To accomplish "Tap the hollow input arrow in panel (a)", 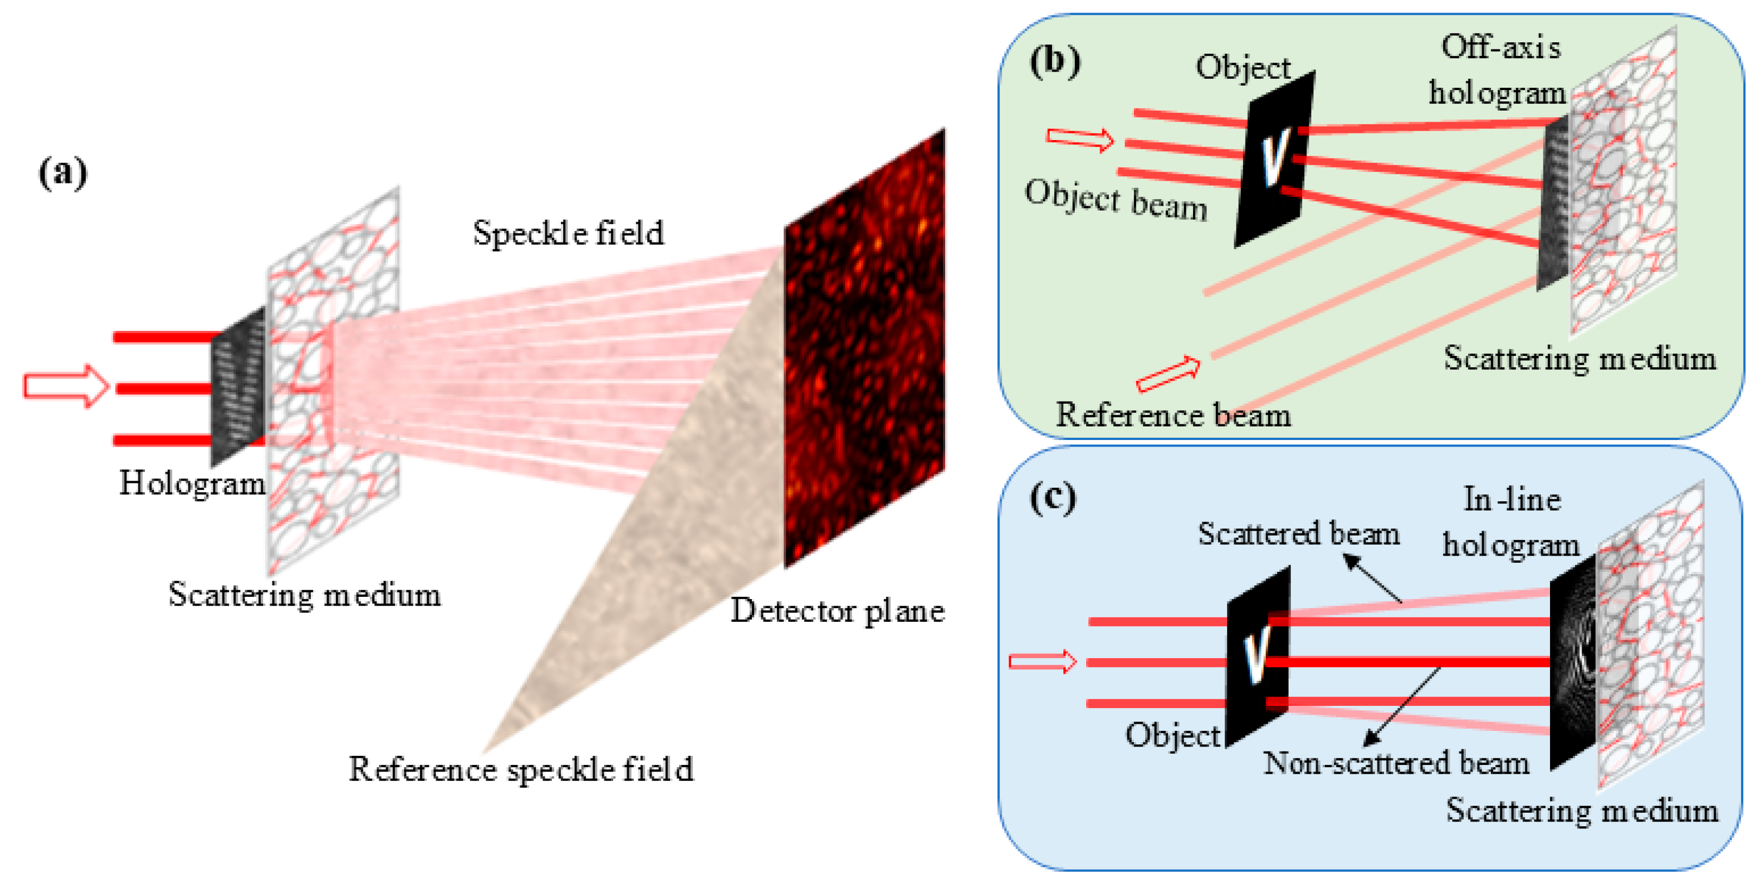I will click(x=66, y=386).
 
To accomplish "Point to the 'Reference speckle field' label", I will click(x=521, y=769).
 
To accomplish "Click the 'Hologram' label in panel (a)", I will click(x=192, y=483).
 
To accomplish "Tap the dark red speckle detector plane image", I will click(x=865, y=348).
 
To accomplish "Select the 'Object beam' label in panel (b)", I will click(x=1115, y=200).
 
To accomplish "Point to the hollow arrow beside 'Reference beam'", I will click(x=1168, y=374).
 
